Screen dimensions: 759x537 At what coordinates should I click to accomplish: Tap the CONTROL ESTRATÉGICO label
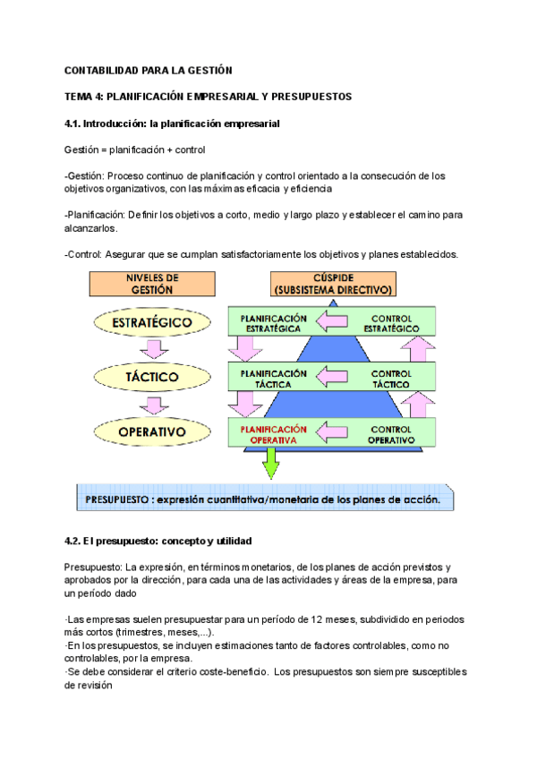pos(392,322)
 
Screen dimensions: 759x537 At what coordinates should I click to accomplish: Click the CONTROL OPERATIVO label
pos(392,434)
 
